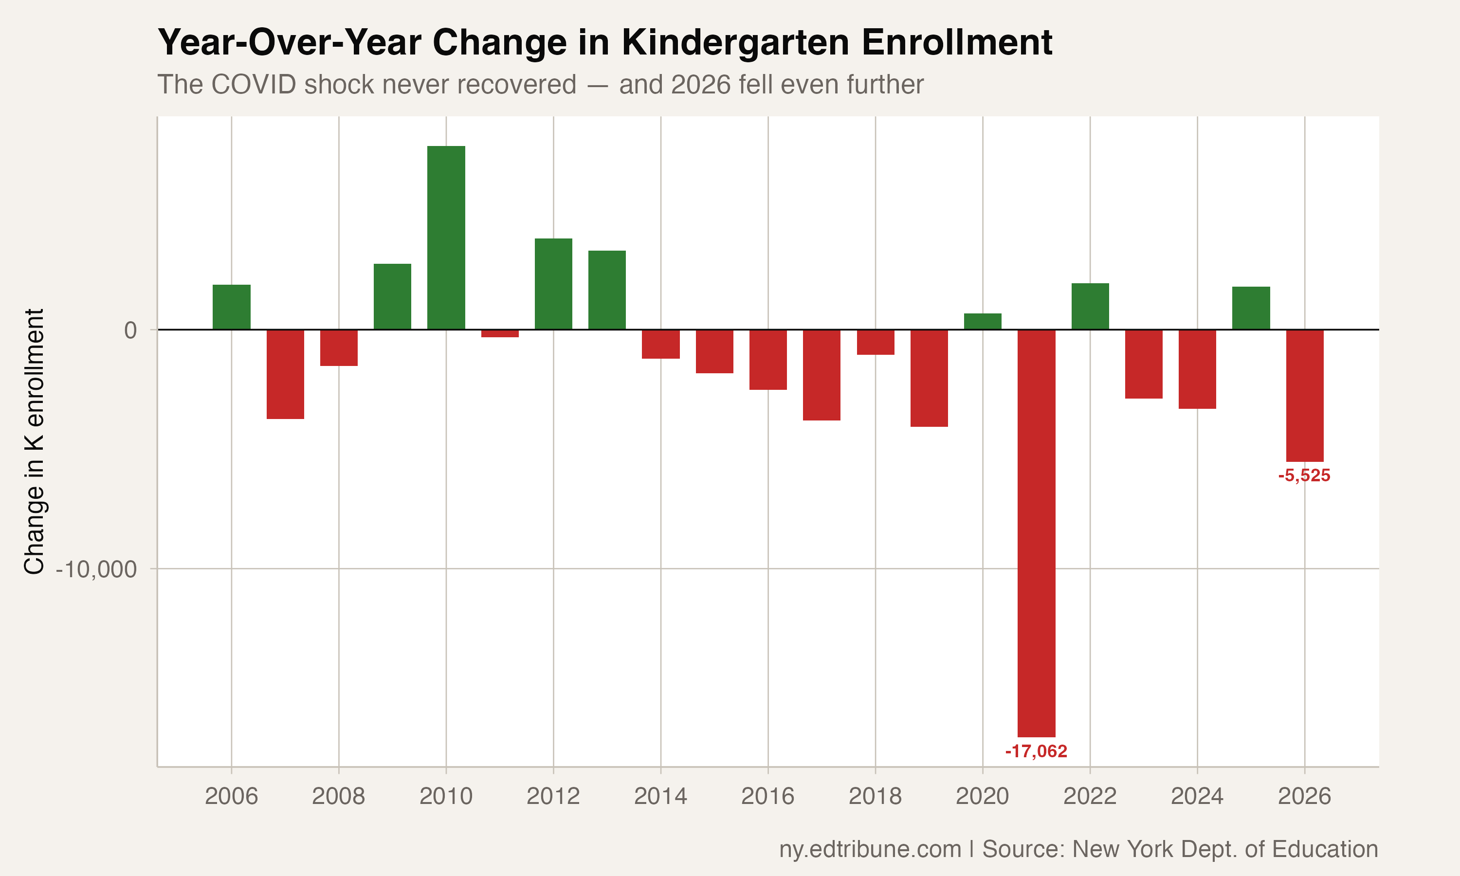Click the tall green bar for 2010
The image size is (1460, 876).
click(446, 237)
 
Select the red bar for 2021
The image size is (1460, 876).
click(1036, 532)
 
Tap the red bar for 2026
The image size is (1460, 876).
click(1305, 396)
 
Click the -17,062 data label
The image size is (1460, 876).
click(1036, 751)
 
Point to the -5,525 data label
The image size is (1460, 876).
click(1304, 476)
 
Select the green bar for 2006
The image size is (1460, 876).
click(231, 307)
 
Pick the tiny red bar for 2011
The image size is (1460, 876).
click(500, 333)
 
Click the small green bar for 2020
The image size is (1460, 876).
click(983, 322)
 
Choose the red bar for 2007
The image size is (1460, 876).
click(285, 374)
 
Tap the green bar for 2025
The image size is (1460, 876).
click(1251, 308)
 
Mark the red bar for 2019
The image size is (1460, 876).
click(929, 378)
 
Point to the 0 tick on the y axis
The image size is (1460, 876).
click(130, 330)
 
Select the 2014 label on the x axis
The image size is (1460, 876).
click(660, 797)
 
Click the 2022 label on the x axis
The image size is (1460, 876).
click(1090, 797)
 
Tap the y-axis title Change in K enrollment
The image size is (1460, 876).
click(34, 441)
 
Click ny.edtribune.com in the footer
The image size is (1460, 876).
click(870, 849)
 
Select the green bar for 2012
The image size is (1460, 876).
click(553, 284)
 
